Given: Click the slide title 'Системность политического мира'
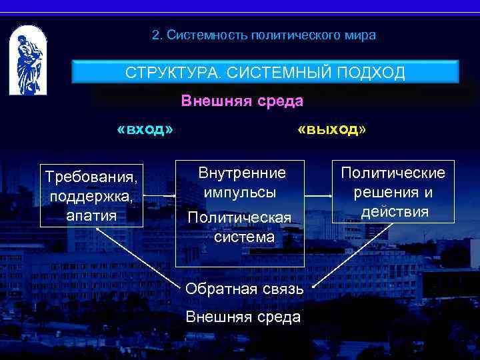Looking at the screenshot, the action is pyautogui.click(x=263, y=35).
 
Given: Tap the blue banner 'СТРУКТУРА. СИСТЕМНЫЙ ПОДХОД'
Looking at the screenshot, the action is pyautogui.click(x=265, y=73).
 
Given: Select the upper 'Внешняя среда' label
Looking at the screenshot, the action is pyautogui.click(x=242, y=101).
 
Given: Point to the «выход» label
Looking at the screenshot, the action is pyautogui.click(x=332, y=129).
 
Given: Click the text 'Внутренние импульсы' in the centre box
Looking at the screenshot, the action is pyautogui.click(x=241, y=182).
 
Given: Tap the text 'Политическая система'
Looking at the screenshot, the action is pyautogui.click(x=239, y=227).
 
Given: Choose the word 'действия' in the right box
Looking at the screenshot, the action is pyautogui.click(x=395, y=211).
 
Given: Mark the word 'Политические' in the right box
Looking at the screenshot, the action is pyautogui.click(x=393, y=173).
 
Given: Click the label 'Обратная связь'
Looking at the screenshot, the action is pyautogui.click(x=245, y=289).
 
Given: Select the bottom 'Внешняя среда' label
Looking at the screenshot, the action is pyautogui.click(x=243, y=317).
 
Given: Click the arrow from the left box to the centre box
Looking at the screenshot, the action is pyautogui.click(x=160, y=197).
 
